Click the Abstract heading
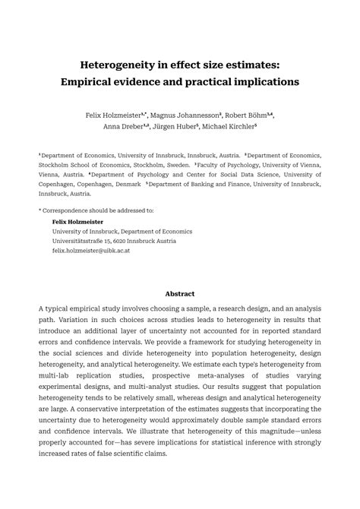180,293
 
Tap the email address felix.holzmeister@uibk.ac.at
91,250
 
